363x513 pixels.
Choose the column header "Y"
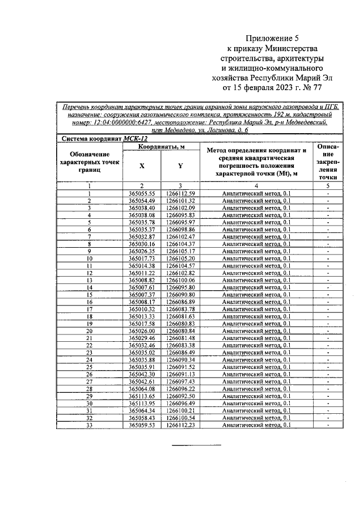(x=180, y=166)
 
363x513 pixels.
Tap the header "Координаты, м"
(x=161, y=147)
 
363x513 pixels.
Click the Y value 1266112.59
(x=180, y=194)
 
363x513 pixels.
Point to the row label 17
(x=89, y=309)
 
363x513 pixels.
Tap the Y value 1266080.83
(x=180, y=324)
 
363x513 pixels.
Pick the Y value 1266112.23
(x=180, y=425)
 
